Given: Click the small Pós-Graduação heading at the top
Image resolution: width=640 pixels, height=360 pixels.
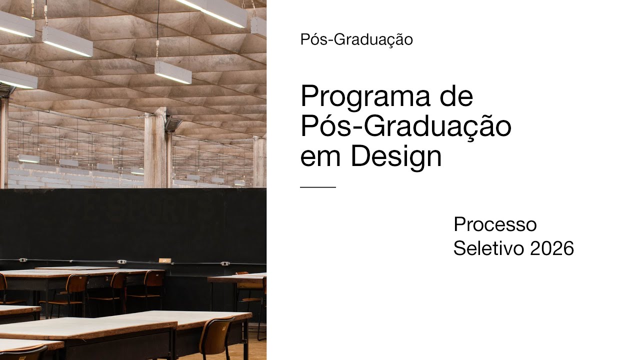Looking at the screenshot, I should (x=356, y=39).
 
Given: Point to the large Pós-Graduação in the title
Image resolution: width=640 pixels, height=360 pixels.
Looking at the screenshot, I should (x=405, y=126).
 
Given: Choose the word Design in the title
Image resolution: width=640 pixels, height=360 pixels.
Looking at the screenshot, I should (x=396, y=157).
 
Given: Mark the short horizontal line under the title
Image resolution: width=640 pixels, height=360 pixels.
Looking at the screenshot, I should (x=318, y=187).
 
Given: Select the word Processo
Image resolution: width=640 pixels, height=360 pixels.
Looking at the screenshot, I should (x=495, y=224).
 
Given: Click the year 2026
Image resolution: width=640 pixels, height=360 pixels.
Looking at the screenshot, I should (x=552, y=248).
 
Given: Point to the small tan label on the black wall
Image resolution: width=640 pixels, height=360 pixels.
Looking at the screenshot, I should (x=164, y=260).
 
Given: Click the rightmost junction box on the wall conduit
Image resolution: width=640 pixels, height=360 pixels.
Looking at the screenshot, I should (x=224, y=263).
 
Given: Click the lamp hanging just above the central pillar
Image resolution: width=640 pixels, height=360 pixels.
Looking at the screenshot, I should (x=172, y=72).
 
